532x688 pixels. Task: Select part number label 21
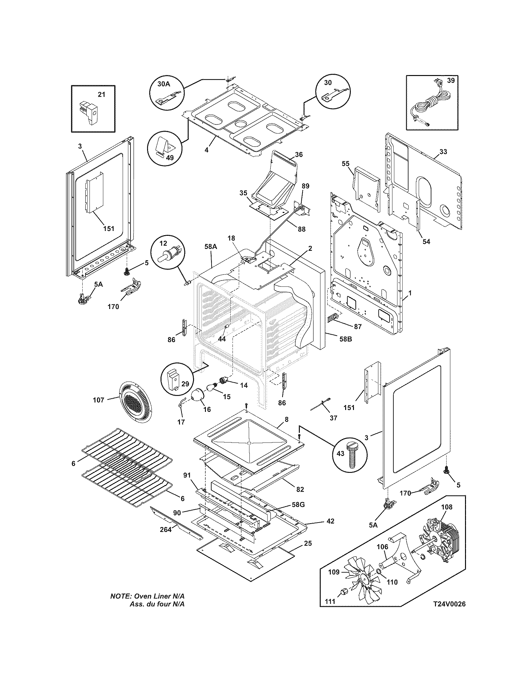[x=101, y=94]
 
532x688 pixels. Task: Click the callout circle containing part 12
[x=167, y=252]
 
